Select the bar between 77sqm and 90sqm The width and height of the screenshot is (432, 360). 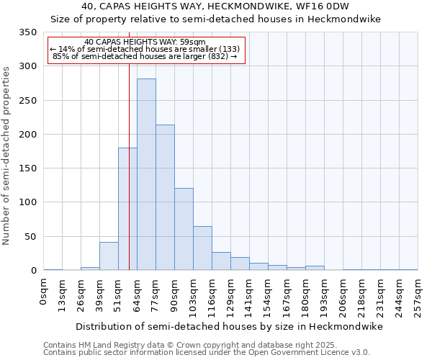(x=165, y=197)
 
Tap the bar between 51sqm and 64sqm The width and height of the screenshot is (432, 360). (x=127, y=209)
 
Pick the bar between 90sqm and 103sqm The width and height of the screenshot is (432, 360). (x=184, y=229)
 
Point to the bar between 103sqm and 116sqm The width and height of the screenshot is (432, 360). (x=202, y=248)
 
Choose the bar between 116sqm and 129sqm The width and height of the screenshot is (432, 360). (x=221, y=261)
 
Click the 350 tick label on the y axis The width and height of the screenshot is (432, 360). (x=27, y=32)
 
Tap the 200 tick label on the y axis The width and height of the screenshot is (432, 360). (x=27, y=135)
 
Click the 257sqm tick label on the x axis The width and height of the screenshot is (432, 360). (x=418, y=296)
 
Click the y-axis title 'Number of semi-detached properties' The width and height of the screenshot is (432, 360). (x=7, y=156)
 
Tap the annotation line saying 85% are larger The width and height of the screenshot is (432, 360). (x=145, y=56)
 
